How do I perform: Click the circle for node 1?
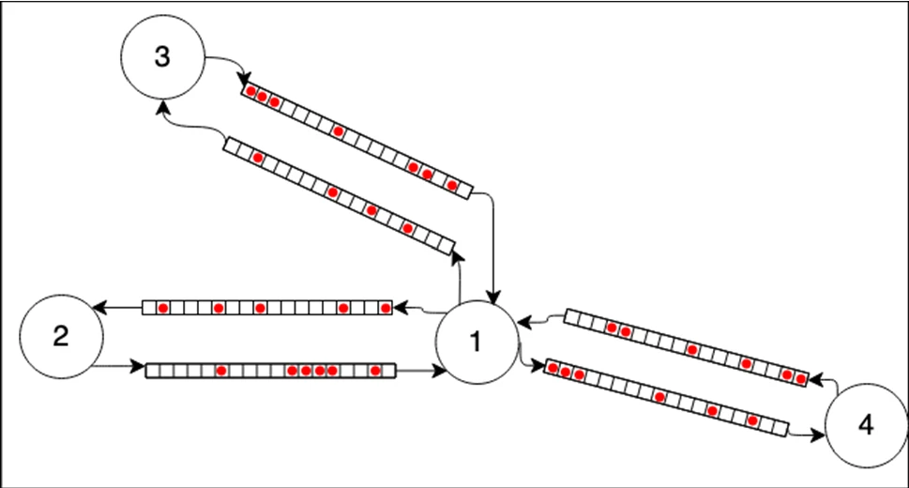coord(477,343)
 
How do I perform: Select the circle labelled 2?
coord(60,336)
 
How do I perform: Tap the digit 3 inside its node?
coord(161,56)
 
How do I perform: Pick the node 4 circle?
coord(865,425)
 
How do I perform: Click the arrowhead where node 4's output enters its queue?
coord(814,379)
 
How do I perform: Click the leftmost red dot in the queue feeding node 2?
coord(163,308)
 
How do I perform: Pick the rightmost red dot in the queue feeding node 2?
coord(385,308)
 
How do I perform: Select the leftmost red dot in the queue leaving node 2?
coord(221,371)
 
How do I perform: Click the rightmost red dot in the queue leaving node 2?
coord(375,371)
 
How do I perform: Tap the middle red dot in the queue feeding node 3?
coord(371,209)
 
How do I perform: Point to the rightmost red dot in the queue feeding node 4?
coord(753,419)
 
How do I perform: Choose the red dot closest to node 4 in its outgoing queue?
coord(801,377)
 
